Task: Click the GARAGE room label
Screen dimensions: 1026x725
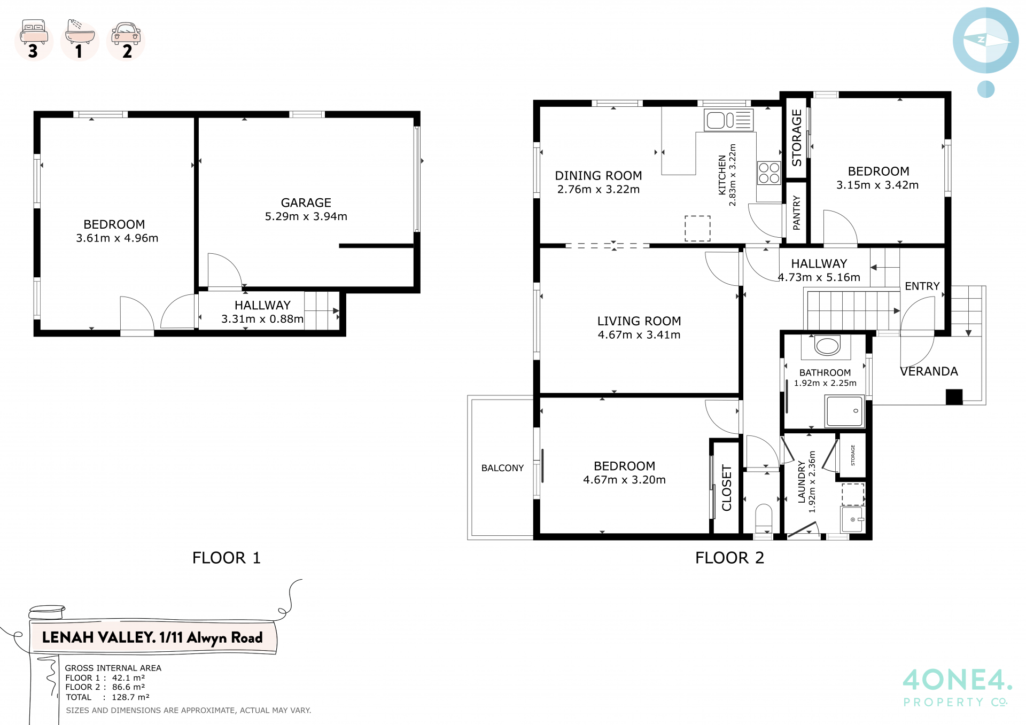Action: pos(306,203)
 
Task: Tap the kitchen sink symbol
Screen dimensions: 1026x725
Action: pos(728,120)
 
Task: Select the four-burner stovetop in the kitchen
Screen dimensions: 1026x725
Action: pos(769,173)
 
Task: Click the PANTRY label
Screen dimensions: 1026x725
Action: pos(797,213)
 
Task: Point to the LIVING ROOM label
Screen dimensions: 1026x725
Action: pos(639,321)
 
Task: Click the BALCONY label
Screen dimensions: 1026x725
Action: pos(502,468)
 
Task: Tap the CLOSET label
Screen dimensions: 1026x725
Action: pos(727,488)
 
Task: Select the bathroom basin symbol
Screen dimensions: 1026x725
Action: pos(827,346)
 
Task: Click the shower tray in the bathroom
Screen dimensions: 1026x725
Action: pos(844,411)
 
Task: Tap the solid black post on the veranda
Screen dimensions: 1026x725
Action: pos(954,396)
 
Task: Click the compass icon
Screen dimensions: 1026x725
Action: pos(985,41)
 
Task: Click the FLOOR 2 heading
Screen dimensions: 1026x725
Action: pos(729,558)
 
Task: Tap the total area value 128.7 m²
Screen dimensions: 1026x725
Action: pos(130,697)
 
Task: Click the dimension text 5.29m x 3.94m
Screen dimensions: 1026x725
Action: pos(306,216)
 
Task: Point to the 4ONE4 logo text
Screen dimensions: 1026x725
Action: pos(957,680)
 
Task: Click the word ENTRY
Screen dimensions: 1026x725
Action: pos(922,286)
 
